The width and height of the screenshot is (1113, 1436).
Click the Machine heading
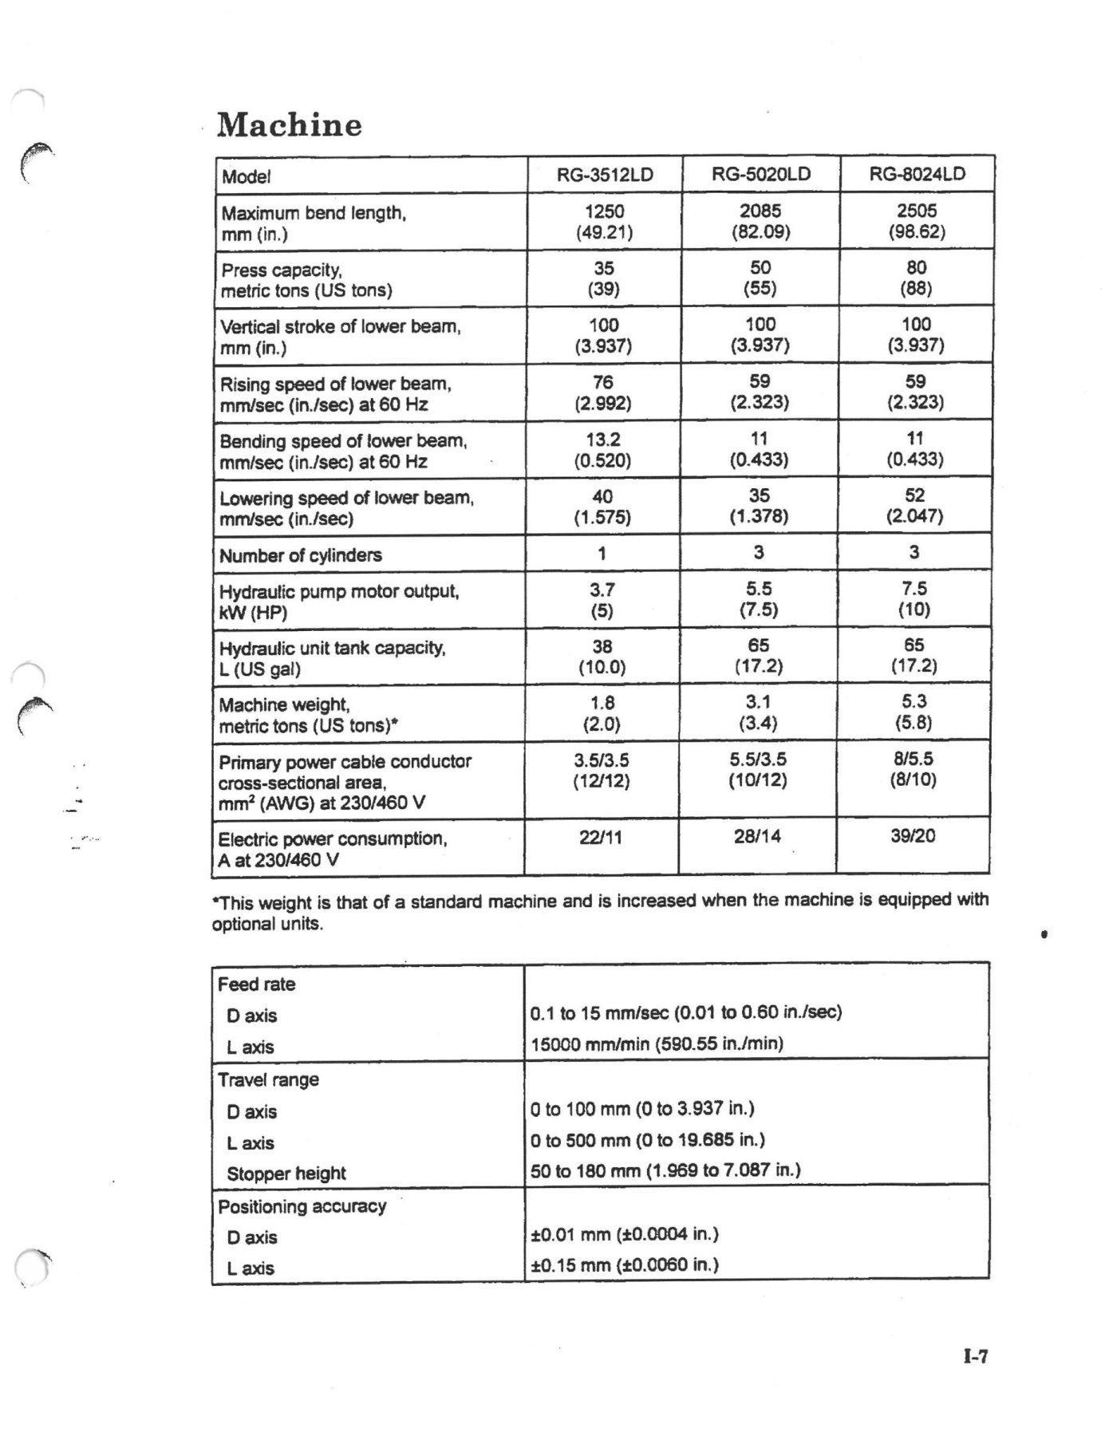[x=290, y=125]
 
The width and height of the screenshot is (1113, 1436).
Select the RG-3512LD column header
[x=605, y=175]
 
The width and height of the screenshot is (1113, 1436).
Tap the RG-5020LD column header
[x=760, y=174]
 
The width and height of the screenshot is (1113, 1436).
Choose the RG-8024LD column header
[x=917, y=174]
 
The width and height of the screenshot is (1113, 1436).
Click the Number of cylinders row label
[x=301, y=555]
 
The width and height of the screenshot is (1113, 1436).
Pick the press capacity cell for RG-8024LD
[x=916, y=278]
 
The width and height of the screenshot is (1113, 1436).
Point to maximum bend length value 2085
[x=760, y=211]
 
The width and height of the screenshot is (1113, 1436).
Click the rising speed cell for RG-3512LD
[x=603, y=393]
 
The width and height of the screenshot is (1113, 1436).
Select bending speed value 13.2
[x=603, y=440]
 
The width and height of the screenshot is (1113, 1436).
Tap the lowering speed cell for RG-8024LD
[x=914, y=506]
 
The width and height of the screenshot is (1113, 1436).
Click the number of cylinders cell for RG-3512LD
[x=602, y=553]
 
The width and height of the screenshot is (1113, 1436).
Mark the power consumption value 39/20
[x=914, y=836]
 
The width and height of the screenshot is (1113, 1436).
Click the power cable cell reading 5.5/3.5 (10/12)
[x=758, y=770]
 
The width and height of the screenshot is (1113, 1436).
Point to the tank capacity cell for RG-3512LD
[x=602, y=656]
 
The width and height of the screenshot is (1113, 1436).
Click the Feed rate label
[x=256, y=984]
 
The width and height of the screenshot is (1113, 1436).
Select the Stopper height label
[x=286, y=1174]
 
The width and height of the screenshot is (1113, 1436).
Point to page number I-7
[x=975, y=1356]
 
